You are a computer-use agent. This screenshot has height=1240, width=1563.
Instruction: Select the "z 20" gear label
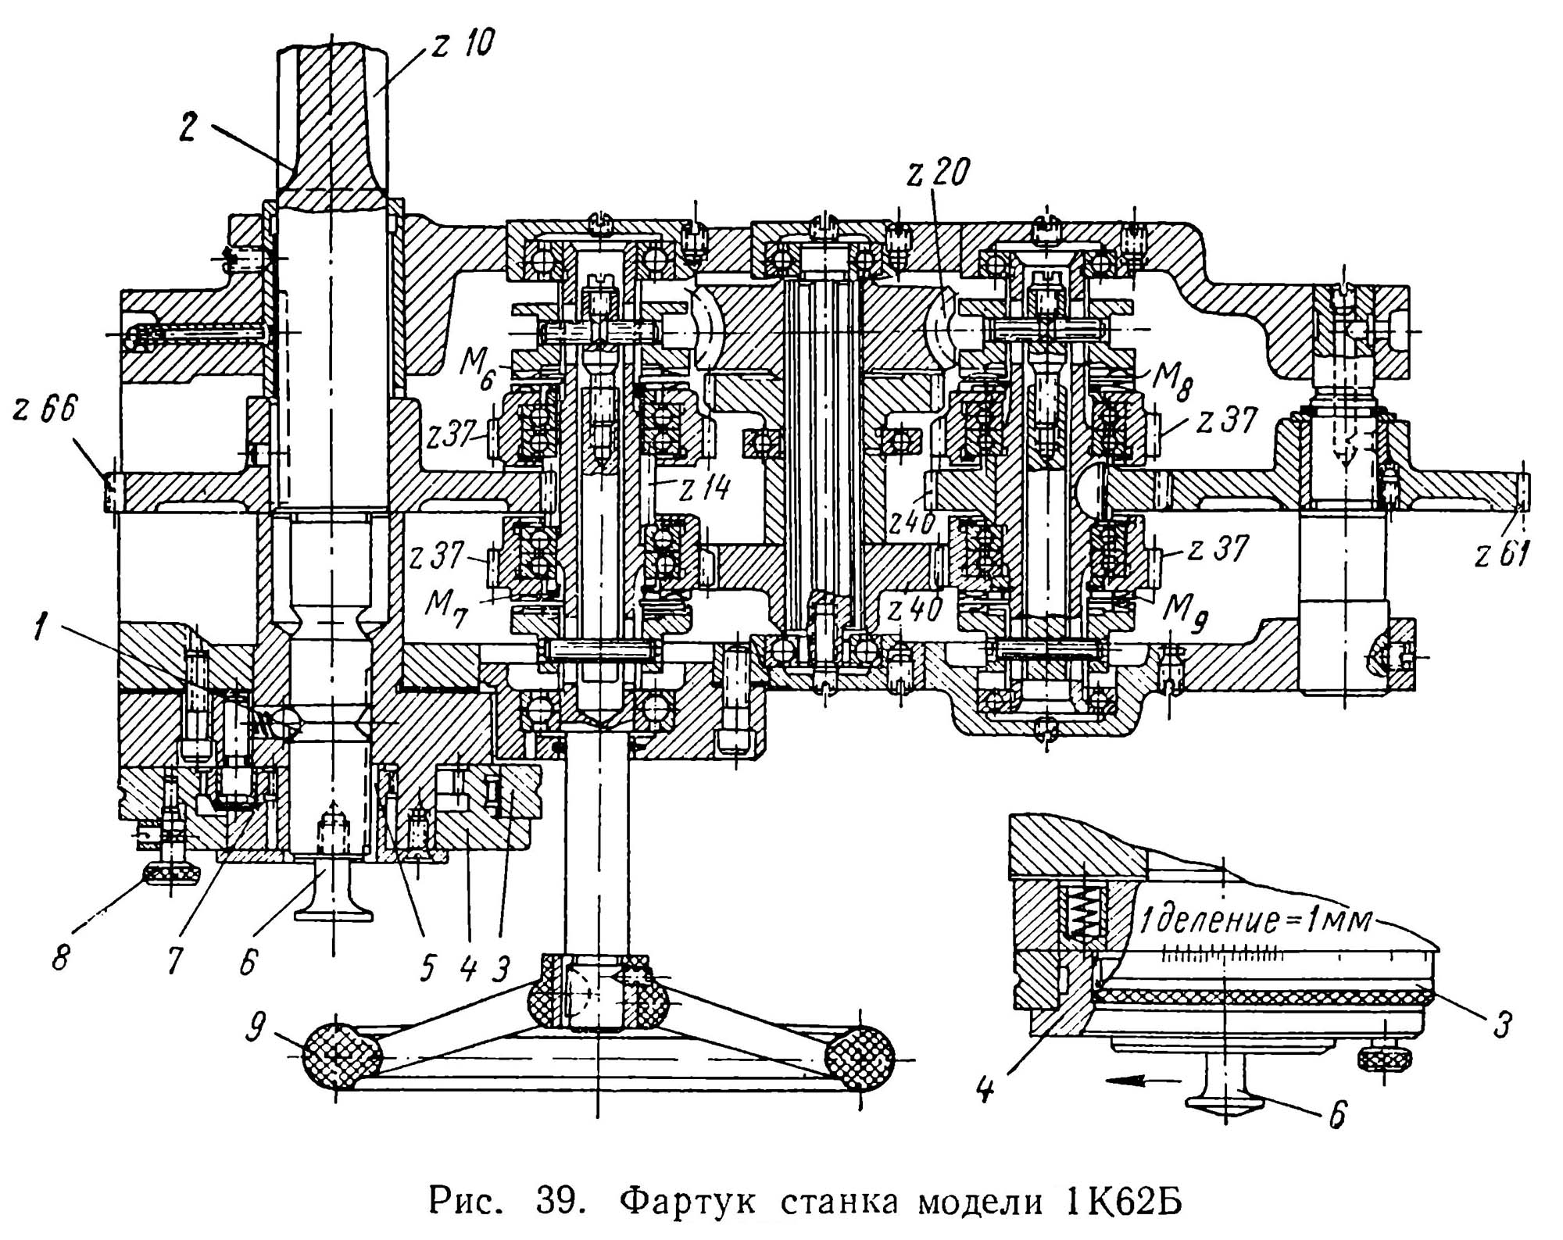[939, 172]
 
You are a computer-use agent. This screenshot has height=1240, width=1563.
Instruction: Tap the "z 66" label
[45, 409]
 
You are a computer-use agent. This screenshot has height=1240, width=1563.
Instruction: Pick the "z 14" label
[704, 488]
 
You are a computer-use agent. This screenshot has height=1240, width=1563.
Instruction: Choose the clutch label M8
[1172, 381]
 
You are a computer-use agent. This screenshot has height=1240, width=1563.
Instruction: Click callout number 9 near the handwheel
[256, 1029]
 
